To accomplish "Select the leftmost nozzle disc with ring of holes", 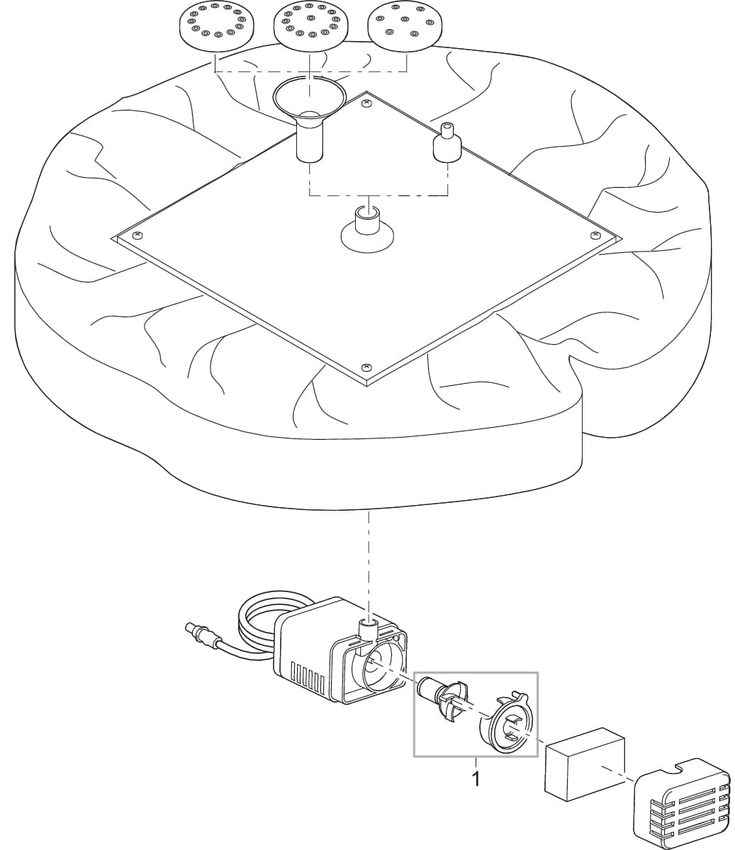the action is coord(216,27).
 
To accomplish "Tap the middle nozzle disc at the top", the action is coord(311,27).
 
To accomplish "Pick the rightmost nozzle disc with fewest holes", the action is coord(405,27).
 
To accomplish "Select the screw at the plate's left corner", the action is coord(137,235).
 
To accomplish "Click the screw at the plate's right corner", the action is coord(595,234).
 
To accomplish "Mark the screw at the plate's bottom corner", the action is coord(366,365).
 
